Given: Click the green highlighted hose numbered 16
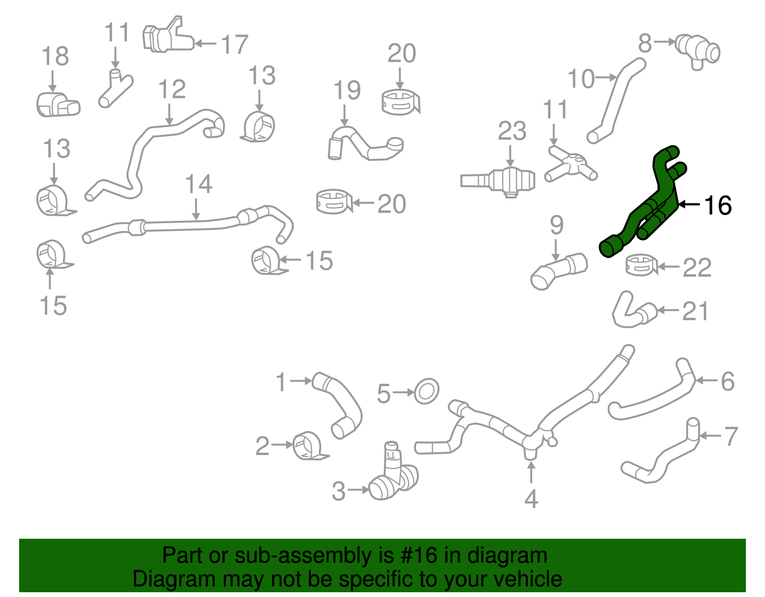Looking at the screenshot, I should (641, 210).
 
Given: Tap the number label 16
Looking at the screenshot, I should (718, 206).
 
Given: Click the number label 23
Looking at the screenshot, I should (512, 131).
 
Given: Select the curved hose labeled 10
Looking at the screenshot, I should (617, 100).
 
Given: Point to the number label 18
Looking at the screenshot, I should (55, 56).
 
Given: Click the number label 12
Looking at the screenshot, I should (172, 89).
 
